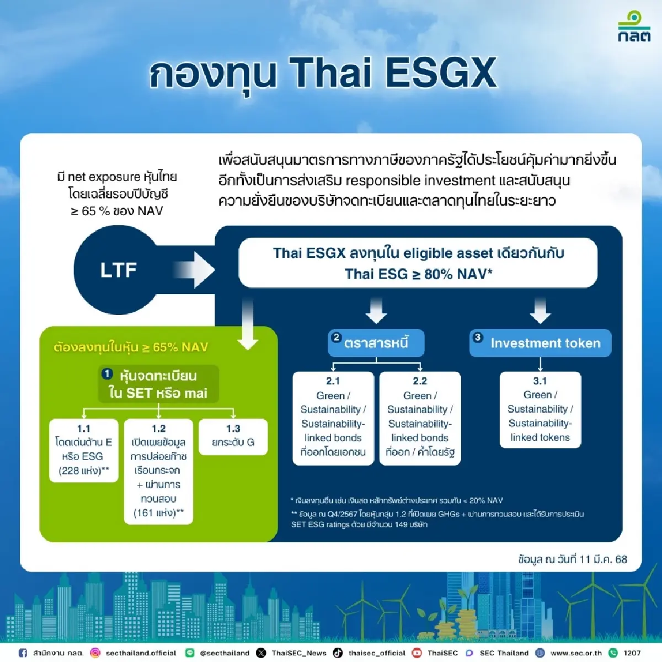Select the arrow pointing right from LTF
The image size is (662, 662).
click(x=194, y=270)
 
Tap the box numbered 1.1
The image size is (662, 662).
click(x=84, y=450)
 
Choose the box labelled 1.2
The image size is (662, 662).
click(x=158, y=472)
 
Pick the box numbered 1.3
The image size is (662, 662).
click(x=233, y=436)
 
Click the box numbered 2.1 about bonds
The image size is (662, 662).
click(x=333, y=418)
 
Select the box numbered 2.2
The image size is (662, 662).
click(x=420, y=418)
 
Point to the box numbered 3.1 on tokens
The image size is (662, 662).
click(x=540, y=409)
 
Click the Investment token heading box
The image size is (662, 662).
click(x=541, y=343)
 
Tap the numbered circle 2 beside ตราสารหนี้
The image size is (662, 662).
click(x=336, y=338)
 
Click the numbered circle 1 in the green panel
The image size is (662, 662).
click(x=108, y=374)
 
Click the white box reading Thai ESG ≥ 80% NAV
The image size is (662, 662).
click(x=418, y=263)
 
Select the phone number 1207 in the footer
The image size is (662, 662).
click(x=632, y=653)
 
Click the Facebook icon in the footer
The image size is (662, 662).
click(x=23, y=653)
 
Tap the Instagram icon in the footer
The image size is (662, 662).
click(x=95, y=653)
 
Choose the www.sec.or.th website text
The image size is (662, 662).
click(x=576, y=653)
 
